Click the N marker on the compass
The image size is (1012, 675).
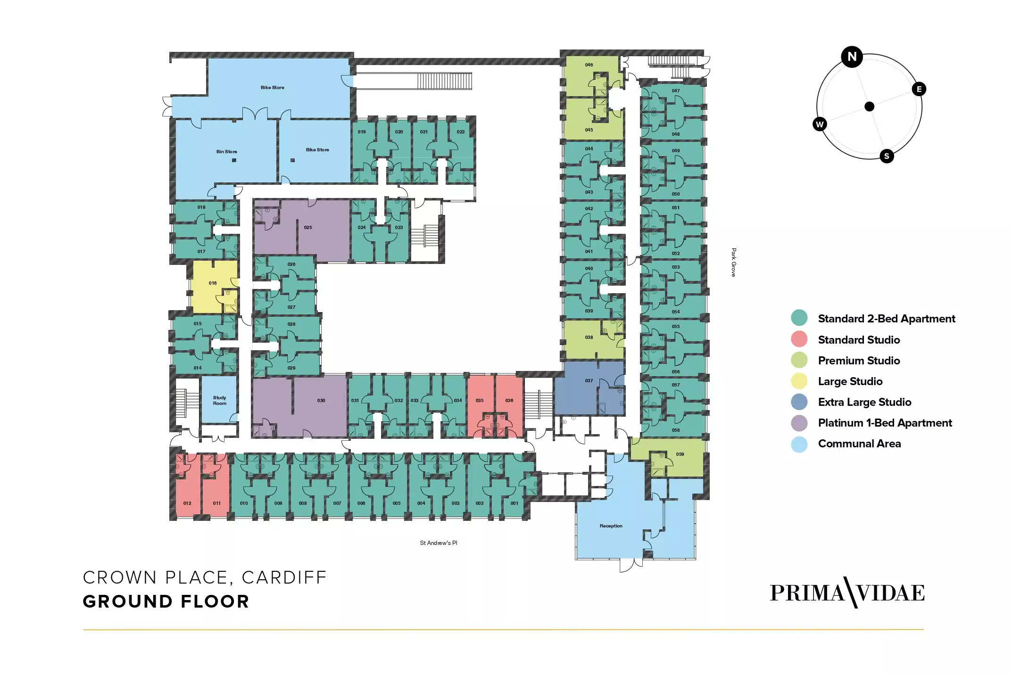852,57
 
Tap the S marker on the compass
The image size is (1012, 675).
887,156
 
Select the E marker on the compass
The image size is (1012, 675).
919,89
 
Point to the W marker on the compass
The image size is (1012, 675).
820,124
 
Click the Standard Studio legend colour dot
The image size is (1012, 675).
799,339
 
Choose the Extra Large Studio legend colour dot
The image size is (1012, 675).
799,402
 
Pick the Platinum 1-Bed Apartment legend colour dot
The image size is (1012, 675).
799,423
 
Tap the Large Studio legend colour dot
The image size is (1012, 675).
799,381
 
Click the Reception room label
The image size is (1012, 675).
611,526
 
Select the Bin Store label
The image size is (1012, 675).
226,152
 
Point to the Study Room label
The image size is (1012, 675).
219,401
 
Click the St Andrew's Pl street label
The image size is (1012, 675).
439,543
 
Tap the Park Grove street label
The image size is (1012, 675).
733,262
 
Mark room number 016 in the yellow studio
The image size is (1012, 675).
213,283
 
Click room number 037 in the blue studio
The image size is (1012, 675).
589,381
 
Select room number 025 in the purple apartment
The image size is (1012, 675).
308,228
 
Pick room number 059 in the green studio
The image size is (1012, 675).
680,454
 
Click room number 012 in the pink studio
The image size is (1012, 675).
187,503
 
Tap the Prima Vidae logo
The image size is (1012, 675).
847,593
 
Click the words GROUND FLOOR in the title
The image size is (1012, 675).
166,602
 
